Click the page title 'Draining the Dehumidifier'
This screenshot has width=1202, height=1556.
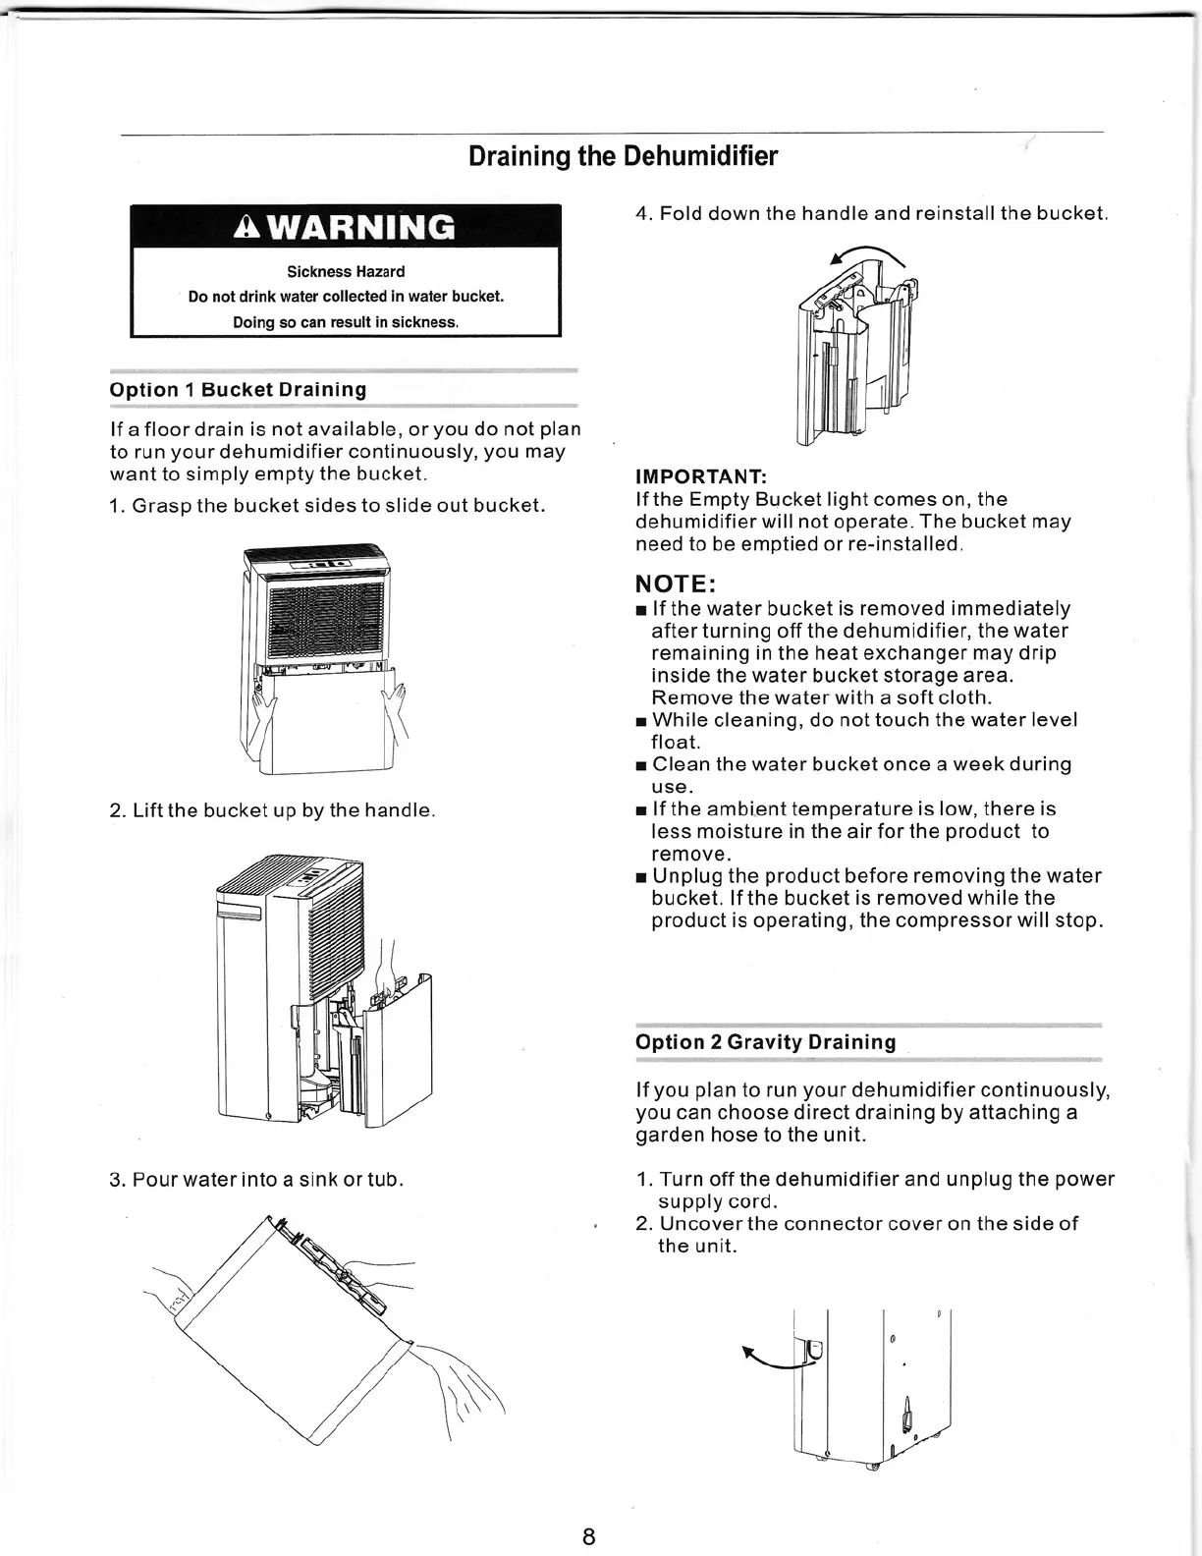[623, 157]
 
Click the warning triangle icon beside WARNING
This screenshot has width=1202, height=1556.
[247, 227]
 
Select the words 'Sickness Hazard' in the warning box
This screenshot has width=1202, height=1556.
[346, 272]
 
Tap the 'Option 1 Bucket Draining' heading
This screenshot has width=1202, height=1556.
[238, 390]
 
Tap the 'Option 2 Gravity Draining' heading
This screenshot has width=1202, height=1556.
[765, 1042]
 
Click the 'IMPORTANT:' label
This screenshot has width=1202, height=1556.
[700, 477]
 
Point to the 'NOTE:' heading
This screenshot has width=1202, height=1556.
[677, 584]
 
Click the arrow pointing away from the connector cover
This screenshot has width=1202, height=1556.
[769, 1360]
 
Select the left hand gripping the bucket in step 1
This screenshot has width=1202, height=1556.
[264, 705]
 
